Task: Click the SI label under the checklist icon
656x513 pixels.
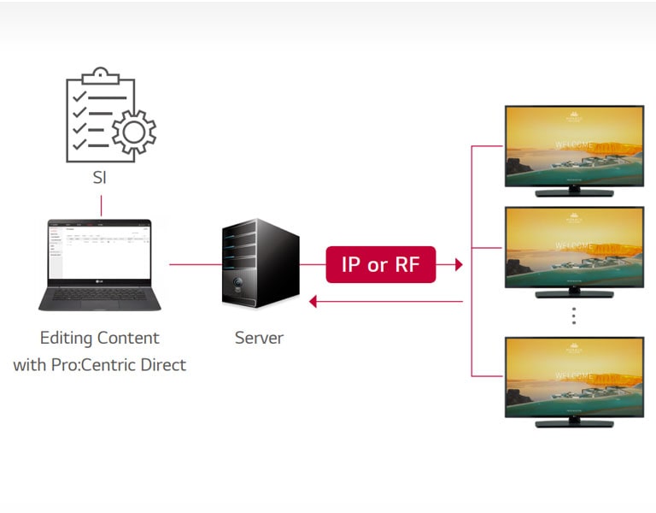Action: click(x=101, y=179)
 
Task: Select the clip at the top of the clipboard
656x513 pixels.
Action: click(x=101, y=75)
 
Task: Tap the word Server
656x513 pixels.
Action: click(x=259, y=338)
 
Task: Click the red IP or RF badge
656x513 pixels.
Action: click(x=380, y=264)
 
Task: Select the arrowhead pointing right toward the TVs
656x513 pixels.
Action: click(x=459, y=264)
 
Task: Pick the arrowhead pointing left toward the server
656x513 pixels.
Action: click(x=313, y=301)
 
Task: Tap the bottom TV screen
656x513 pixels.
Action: click(x=573, y=375)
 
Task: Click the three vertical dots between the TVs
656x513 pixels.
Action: click(x=574, y=315)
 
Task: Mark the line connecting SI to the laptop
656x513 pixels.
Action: click(x=101, y=205)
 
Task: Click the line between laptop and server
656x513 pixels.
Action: click(x=195, y=264)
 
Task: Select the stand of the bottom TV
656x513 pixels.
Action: click(x=573, y=422)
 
